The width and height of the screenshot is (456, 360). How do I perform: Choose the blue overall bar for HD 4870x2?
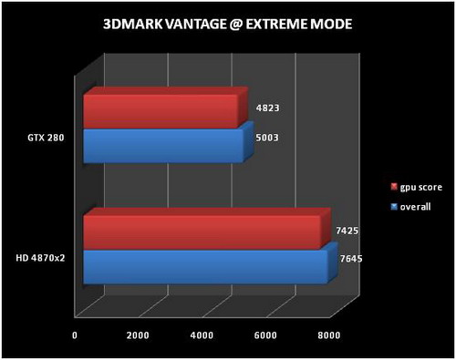click(x=204, y=265)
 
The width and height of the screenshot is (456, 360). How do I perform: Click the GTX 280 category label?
click(x=46, y=139)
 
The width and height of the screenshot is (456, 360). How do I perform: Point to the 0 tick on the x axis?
click(x=75, y=336)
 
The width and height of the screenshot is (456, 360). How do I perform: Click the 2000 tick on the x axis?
click(x=138, y=336)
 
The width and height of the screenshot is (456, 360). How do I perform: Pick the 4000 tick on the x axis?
click(x=202, y=336)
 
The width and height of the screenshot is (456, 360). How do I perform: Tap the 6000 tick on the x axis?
click(x=265, y=336)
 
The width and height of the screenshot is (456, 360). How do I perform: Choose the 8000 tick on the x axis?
click(x=328, y=336)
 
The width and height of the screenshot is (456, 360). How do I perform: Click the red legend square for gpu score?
click(x=393, y=188)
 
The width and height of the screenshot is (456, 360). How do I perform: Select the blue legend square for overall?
click(x=393, y=207)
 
